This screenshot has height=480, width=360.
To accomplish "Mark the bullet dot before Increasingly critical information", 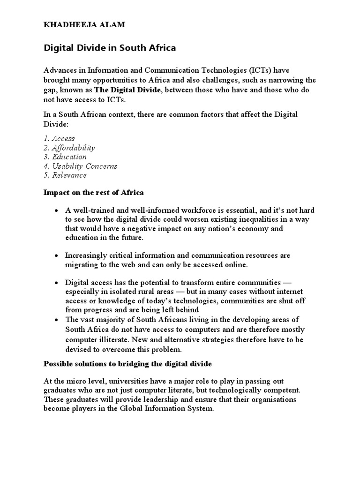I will pyautogui.click(x=56, y=256).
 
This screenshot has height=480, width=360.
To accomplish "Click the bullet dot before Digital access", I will pyautogui.click(x=56, y=284).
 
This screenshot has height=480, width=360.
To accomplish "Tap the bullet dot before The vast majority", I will pyautogui.click(x=56, y=320).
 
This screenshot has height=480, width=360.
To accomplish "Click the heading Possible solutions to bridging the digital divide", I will pyautogui.click(x=128, y=364).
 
